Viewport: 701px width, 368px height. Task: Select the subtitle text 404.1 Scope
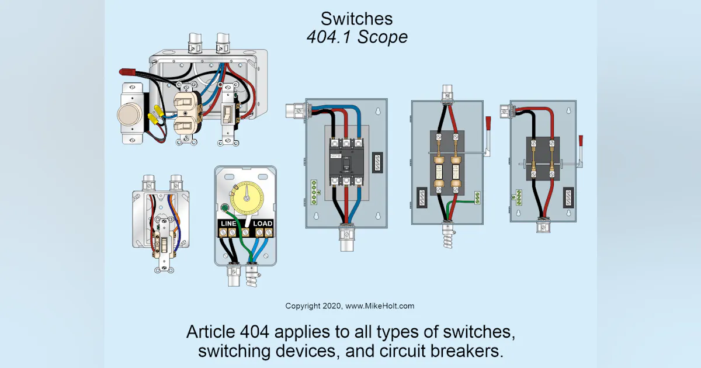(358, 37)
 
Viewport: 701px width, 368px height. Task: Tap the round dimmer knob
(129, 116)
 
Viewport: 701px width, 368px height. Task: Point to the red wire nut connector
(127, 72)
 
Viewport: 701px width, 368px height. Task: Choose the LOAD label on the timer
(263, 224)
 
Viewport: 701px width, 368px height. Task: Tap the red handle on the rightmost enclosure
(581, 141)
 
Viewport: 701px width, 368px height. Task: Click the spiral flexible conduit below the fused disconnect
(447, 237)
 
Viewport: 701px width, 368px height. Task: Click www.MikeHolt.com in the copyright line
(380, 306)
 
